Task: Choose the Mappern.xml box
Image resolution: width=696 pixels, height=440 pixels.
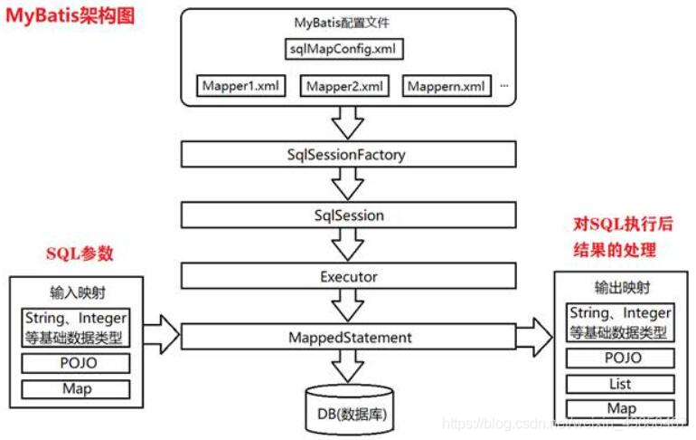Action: [x=446, y=87]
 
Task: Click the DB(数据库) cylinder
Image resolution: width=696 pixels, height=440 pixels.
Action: [x=348, y=404]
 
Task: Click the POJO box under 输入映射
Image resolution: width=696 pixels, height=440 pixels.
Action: [x=76, y=363]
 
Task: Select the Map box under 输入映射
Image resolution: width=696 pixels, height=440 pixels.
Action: [x=76, y=389]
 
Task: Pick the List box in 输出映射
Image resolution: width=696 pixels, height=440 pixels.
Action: [x=620, y=383]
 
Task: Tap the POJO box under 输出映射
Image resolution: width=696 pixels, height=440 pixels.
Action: [x=620, y=358]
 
